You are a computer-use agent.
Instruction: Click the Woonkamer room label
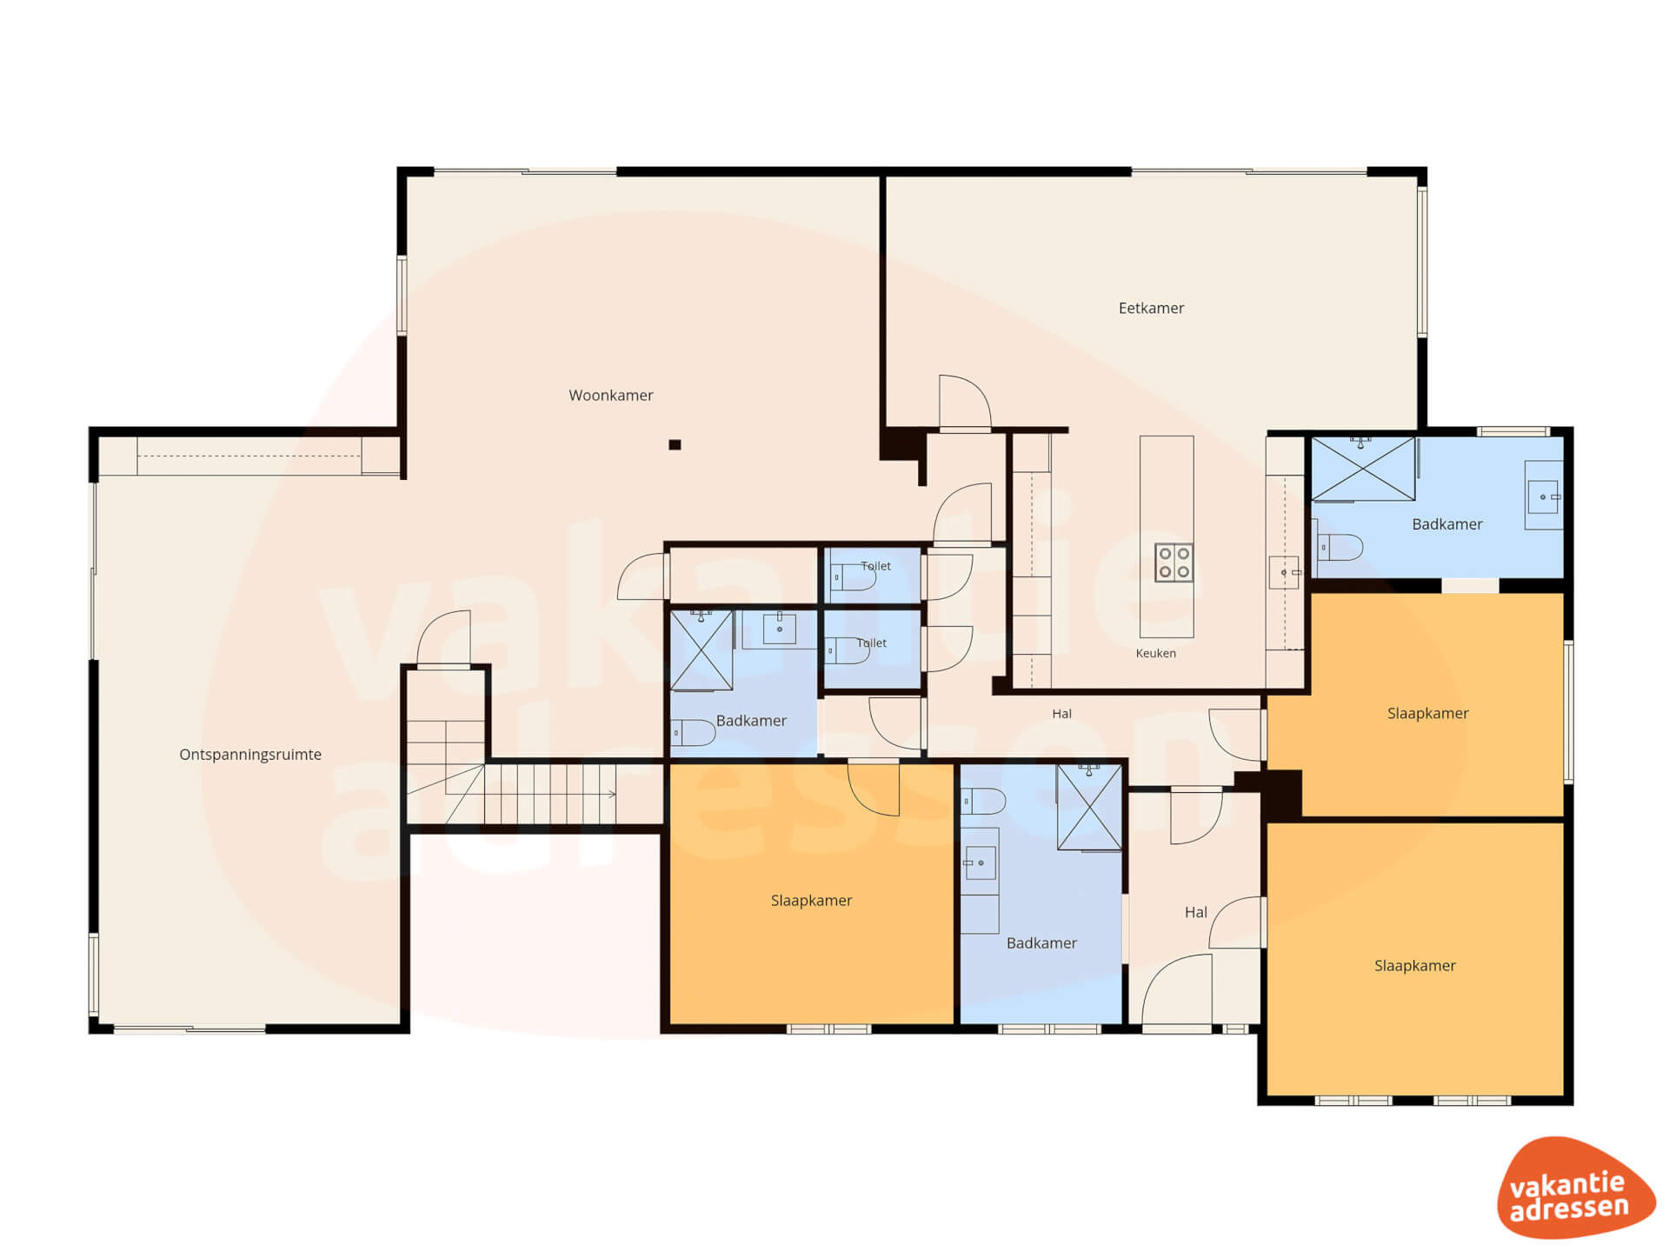610,396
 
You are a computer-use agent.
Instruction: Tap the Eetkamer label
1151,308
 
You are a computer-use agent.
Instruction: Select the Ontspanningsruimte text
250,755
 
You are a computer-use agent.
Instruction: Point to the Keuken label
1155,653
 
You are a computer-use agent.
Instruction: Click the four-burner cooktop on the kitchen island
1174,562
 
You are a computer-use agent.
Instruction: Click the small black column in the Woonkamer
675,445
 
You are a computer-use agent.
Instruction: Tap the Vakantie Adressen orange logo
1575,1188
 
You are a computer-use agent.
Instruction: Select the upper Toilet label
875,566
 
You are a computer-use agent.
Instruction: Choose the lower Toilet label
872,643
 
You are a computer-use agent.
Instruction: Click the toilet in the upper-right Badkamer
1340,547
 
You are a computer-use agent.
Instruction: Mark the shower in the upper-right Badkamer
1363,469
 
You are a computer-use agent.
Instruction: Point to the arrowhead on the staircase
612,794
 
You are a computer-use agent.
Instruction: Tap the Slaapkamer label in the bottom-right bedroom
1414,966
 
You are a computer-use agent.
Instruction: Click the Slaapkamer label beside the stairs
811,901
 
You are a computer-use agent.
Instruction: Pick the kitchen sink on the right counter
1284,573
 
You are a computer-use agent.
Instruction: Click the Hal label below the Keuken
1061,714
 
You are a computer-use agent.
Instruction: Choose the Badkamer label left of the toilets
751,721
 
